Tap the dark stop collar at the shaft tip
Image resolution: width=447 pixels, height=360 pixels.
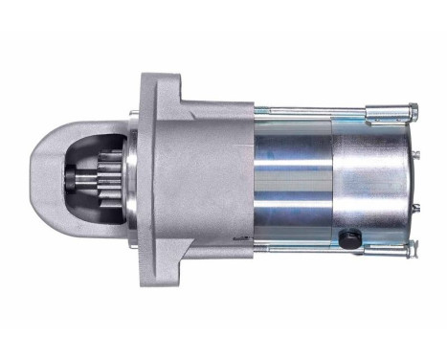[x=74, y=180]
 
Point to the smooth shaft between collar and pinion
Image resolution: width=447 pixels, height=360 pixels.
[x=84, y=180]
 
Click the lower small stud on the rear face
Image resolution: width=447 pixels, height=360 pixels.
[x=417, y=206]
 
